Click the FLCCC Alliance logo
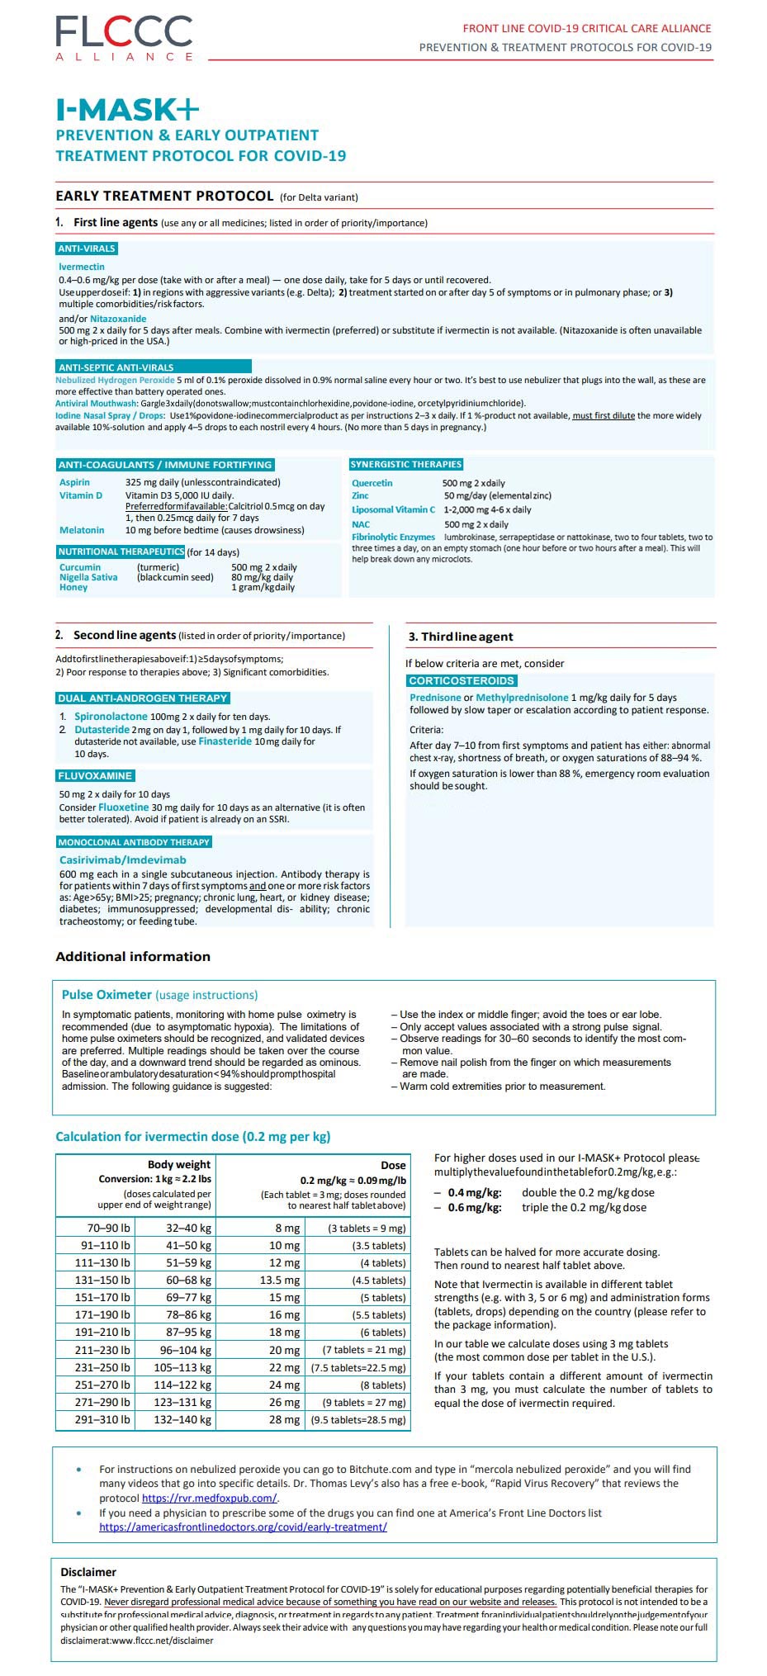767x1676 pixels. click(x=124, y=38)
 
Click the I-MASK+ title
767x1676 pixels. click(x=127, y=110)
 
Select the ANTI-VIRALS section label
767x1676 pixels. click(x=87, y=249)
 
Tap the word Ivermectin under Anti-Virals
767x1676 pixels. click(x=82, y=267)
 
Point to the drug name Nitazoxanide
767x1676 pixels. click(x=118, y=319)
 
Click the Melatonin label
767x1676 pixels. click(x=82, y=530)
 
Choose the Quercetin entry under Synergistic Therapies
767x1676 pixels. click(x=372, y=483)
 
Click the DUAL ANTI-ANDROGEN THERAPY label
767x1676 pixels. click(x=142, y=698)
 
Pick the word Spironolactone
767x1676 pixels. click(x=111, y=717)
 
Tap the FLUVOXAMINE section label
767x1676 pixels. click(x=95, y=776)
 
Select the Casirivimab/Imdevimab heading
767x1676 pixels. click(x=123, y=859)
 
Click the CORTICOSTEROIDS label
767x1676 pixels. click(x=462, y=680)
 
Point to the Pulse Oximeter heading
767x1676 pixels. click(x=107, y=995)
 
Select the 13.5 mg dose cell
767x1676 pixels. click(x=280, y=1280)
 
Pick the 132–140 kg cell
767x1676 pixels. click(x=182, y=1419)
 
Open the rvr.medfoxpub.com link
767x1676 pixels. click(x=209, y=1498)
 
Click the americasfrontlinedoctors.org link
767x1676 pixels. click(x=243, y=1527)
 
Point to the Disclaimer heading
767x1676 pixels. click(x=88, y=1572)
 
